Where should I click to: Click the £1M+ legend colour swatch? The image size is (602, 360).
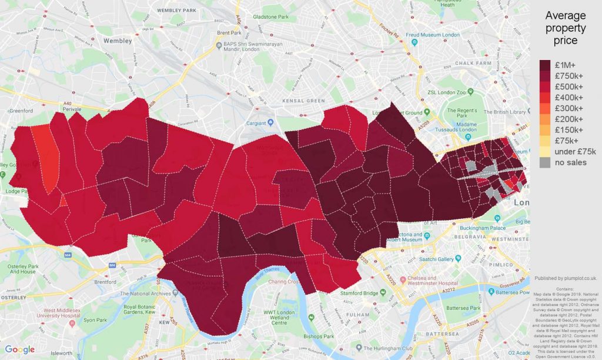click(x=546, y=65)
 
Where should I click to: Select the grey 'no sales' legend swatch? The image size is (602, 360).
click(x=546, y=163)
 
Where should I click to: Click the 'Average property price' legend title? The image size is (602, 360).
click(x=566, y=28)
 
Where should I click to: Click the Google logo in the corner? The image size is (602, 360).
click(x=20, y=349)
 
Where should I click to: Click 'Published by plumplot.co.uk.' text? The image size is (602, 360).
click(x=564, y=278)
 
